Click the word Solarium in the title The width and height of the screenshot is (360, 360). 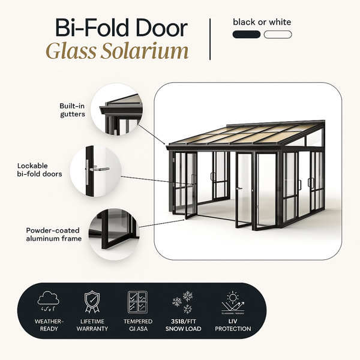click(145, 51)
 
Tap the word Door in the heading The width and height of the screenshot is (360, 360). click(161, 28)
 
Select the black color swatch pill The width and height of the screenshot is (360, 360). click(247, 35)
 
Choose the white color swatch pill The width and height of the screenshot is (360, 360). click(278, 35)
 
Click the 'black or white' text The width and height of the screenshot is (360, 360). click(262, 22)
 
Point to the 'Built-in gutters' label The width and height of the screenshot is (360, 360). click(73, 110)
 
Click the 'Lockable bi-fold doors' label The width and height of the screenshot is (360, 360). click(40, 170)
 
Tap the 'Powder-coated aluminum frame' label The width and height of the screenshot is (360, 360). click(54, 235)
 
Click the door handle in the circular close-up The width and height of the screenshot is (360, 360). click(99, 169)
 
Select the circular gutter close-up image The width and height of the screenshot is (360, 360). click(116, 109)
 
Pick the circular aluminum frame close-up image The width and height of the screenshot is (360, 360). click(114, 235)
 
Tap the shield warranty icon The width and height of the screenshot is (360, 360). click(92, 302)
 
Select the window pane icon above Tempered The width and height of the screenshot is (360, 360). click(138, 302)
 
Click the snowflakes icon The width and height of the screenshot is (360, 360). click(183, 302)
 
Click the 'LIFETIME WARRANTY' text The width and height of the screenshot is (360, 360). click(92, 325)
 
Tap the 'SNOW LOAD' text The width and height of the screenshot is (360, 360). click(183, 329)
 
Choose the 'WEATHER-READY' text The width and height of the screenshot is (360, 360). click(49, 325)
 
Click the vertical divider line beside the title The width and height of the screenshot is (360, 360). click(210, 39)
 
